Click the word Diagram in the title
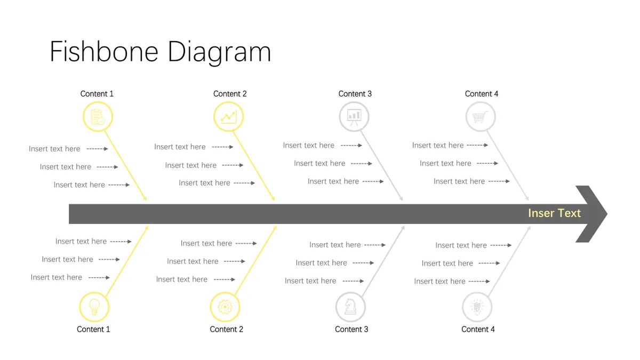[x=219, y=53]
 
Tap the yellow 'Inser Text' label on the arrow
[x=554, y=213]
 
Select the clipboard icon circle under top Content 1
[x=98, y=117]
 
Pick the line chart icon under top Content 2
[x=229, y=117]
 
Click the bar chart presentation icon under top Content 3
[x=354, y=117]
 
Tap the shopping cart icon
[x=481, y=117]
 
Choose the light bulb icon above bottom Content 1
[x=94, y=307]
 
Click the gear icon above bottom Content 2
[x=225, y=307]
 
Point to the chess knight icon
[x=350, y=307]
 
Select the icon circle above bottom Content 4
[x=477, y=307]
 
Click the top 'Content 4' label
[x=482, y=94]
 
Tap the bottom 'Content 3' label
[x=351, y=329]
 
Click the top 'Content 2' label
[x=230, y=94]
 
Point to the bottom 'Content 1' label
[x=93, y=329]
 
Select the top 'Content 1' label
[x=97, y=94]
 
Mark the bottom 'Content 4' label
[x=478, y=329]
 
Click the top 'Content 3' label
[x=355, y=94]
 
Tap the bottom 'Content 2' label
[x=227, y=329]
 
